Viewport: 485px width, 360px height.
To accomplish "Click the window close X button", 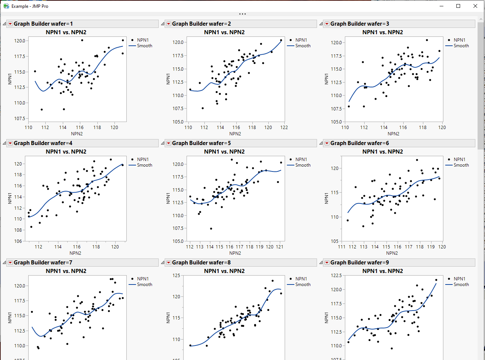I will pyautogui.click(x=475, y=6).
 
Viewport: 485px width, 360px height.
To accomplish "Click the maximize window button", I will pyautogui.click(x=458, y=6).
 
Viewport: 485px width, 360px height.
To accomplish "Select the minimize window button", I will pyautogui.click(x=442, y=6).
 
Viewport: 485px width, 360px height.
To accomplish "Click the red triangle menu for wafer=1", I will pyautogui.click(x=10, y=24).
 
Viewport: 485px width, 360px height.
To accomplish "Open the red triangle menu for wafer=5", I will pyautogui.click(x=169, y=143).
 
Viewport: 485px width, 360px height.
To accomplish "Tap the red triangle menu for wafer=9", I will pyautogui.click(x=327, y=263).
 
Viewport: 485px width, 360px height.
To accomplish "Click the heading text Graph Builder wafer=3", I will pyautogui.click(x=359, y=24).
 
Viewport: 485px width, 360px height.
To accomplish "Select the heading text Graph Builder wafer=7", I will pyautogui.click(x=43, y=263).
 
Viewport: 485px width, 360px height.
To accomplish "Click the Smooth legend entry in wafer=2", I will pyautogui.click(x=303, y=46).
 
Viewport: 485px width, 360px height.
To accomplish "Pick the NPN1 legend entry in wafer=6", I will pyautogui.click(x=459, y=160).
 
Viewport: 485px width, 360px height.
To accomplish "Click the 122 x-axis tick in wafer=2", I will pyautogui.click(x=284, y=128).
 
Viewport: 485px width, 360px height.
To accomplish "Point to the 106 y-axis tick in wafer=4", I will pyautogui.click(x=18, y=241).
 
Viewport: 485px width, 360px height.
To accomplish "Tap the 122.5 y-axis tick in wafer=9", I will pyautogui.click(x=336, y=276).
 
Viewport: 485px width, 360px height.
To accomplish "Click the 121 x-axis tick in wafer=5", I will pyautogui.click(x=280, y=247).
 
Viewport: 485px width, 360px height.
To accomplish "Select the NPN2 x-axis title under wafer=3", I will pyautogui.click(x=393, y=134).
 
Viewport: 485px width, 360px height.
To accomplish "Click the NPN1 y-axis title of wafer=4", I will pyautogui.click(x=10, y=198).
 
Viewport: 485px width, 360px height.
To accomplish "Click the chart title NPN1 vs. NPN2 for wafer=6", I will pyautogui.click(x=382, y=152).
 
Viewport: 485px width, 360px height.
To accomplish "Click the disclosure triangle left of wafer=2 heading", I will pyautogui.click(x=162, y=24).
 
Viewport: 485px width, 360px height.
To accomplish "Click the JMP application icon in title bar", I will pyautogui.click(x=6, y=6).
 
